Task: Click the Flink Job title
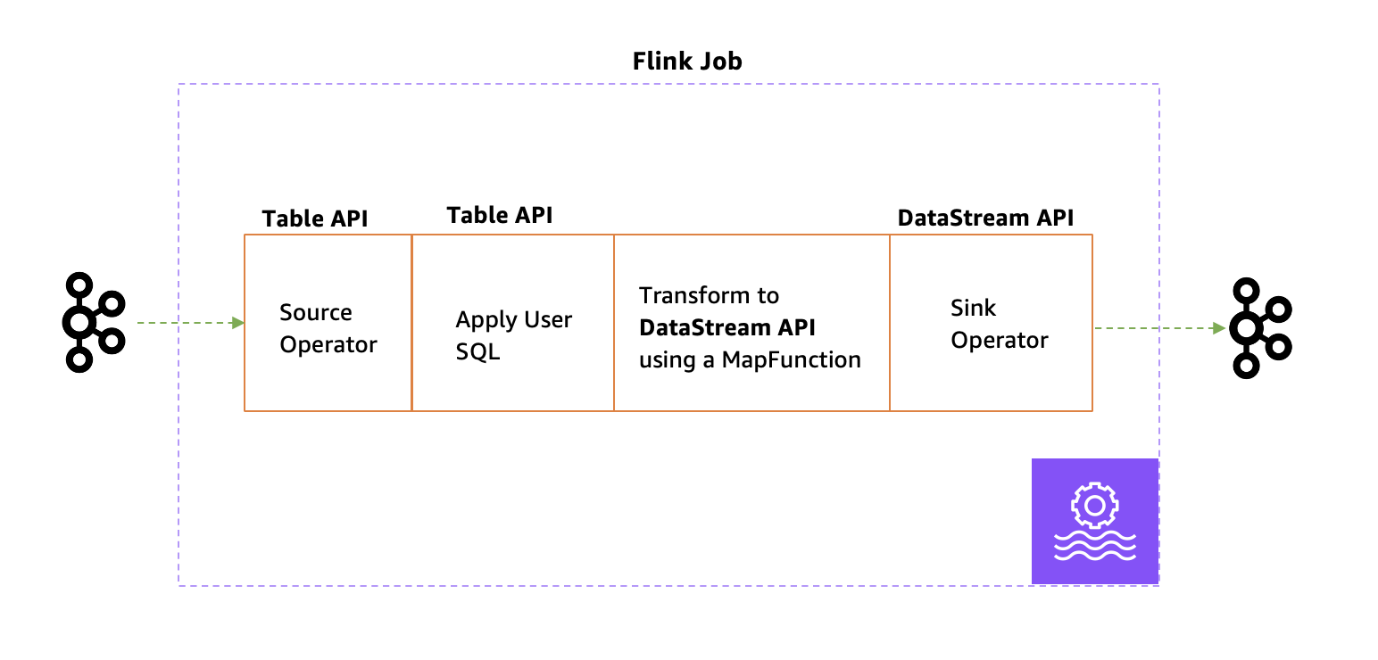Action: pyautogui.click(x=686, y=62)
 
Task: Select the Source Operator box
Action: pyautogui.click(x=328, y=323)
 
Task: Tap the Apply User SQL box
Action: pyautogui.click(x=513, y=323)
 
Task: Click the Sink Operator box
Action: pyautogui.click(x=991, y=323)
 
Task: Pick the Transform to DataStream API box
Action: pyautogui.click(x=751, y=323)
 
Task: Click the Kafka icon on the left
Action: pyautogui.click(x=93, y=323)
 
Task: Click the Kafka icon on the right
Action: pyautogui.click(x=1259, y=327)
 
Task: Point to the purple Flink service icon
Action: pyautogui.click(x=1094, y=522)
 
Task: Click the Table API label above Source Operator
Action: pyautogui.click(x=314, y=219)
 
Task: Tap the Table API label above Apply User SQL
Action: pyautogui.click(x=499, y=215)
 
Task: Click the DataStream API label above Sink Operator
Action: pyautogui.click(x=985, y=218)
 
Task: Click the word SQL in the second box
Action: pyautogui.click(x=477, y=352)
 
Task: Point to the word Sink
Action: pyautogui.click(x=973, y=309)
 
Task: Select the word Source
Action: pyautogui.click(x=315, y=313)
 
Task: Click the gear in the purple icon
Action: pyautogui.click(x=1094, y=507)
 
